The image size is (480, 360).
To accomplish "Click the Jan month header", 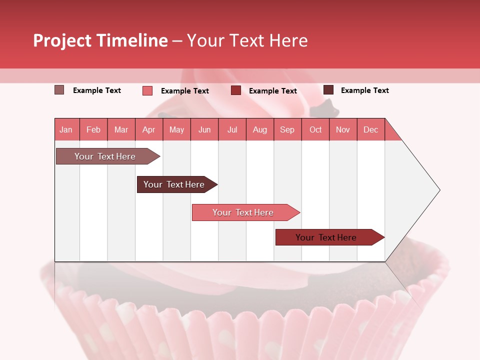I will click(66, 130).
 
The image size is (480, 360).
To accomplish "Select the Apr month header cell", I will click(149, 130).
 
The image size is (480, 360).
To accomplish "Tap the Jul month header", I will click(232, 130).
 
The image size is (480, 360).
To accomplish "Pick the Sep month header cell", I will click(287, 130).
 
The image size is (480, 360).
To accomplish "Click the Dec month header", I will click(370, 130).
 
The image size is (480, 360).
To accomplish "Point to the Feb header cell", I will click(93, 130).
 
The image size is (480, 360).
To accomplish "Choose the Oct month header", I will click(315, 130).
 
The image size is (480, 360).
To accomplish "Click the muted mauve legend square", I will click(59, 90).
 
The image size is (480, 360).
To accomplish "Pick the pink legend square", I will click(147, 90).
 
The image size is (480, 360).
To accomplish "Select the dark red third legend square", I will click(236, 90).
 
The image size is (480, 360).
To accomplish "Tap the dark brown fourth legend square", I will click(328, 90).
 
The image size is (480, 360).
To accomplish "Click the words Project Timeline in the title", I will click(100, 40).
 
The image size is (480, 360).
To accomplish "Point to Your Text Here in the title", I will click(247, 40).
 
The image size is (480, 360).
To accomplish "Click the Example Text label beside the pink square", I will click(185, 91).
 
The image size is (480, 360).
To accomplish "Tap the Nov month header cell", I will click(343, 130).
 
